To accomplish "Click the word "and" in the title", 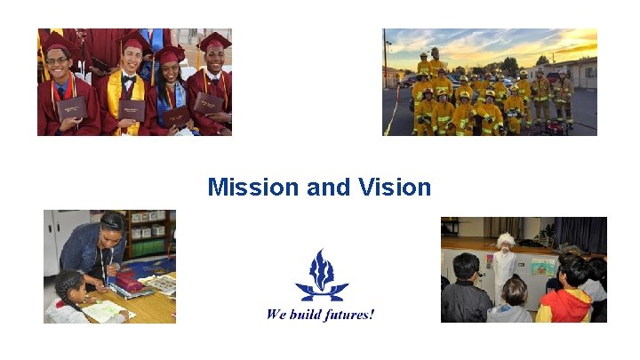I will pos(327,188).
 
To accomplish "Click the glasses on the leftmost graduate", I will pos(56,61).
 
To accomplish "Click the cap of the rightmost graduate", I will pos(213,41).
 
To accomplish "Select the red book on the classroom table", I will pos(131,284).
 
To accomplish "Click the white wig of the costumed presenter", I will pos(506,239).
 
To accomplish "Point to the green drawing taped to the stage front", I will pos(543,266).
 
